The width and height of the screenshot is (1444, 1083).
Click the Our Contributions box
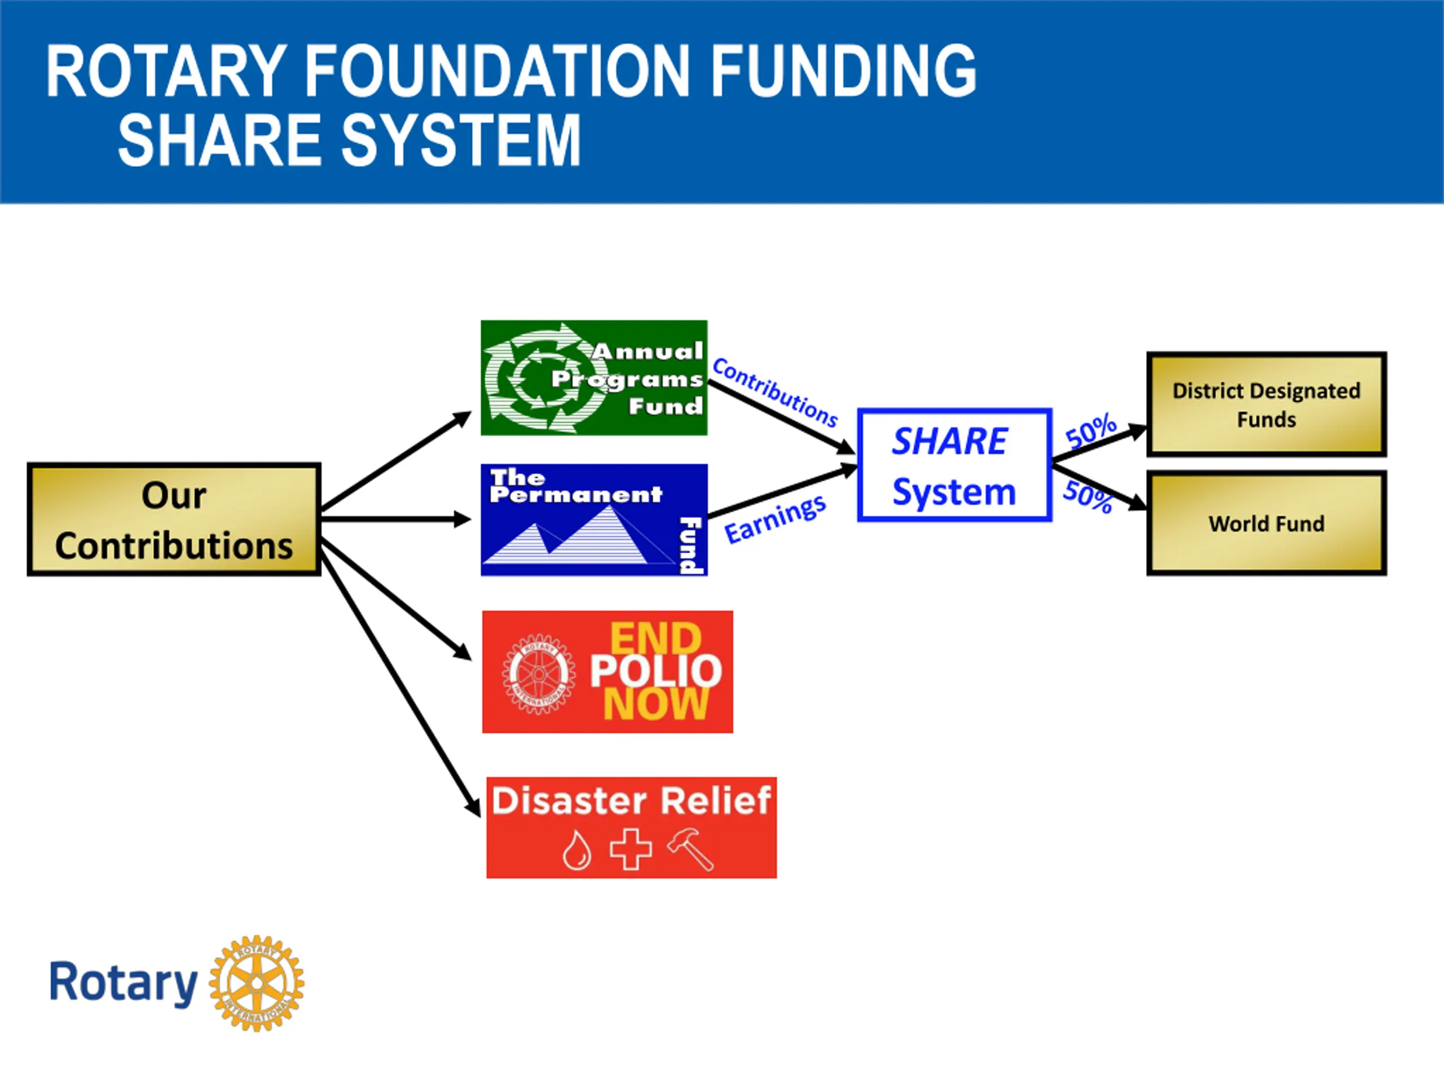pos(174,520)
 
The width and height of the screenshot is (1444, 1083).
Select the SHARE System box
pos(954,465)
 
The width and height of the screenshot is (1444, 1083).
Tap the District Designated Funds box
pos(1266,404)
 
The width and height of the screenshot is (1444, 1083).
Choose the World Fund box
pos(1266,523)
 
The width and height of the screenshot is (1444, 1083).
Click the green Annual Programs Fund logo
pos(593,378)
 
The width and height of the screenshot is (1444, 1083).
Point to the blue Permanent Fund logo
pos(593,520)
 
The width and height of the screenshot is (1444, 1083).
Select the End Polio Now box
pos(607,672)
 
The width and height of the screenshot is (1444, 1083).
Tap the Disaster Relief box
pos(631,827)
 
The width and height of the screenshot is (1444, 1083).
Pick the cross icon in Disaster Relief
pos(630,849)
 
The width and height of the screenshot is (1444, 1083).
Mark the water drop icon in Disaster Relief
pos(577,850)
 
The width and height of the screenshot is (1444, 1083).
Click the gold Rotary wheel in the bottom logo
pos(257,983)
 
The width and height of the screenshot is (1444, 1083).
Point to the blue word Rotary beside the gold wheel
pos(124,983)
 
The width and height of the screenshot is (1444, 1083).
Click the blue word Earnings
pos(775,520)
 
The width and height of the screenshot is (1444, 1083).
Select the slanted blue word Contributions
pos(775,391)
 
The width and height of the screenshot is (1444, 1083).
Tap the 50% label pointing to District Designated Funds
pos(1091,430)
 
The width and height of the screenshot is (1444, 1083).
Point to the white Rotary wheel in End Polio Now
pos(539,673)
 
